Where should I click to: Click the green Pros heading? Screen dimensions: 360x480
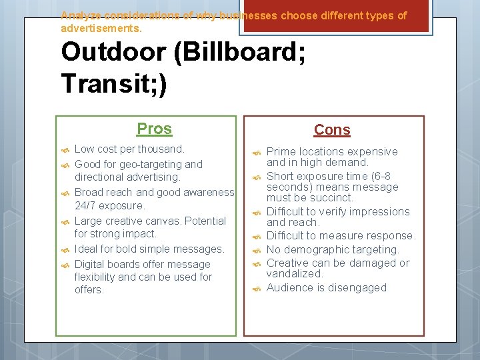[x=154, y=129]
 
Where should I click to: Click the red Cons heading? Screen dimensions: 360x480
[x=332, y=130]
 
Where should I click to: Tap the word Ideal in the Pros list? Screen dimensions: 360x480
[x=87, y=249]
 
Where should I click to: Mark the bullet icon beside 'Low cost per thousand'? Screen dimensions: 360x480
[x=65, y=149]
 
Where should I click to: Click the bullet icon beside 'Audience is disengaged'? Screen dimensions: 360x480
[x=257, y=288]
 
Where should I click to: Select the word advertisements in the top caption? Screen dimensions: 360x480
[x=101, y=29]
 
